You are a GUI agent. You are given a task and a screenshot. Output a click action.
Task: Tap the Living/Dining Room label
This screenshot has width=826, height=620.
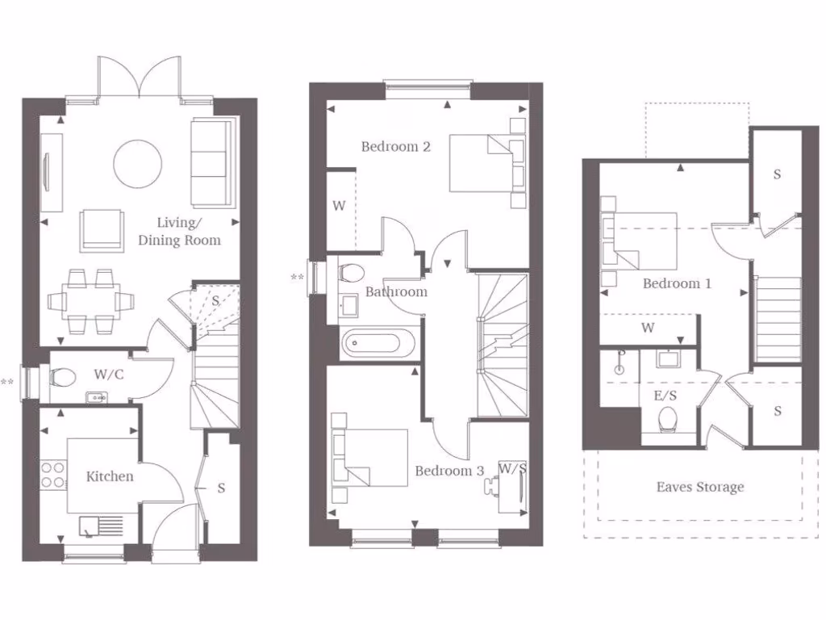179,231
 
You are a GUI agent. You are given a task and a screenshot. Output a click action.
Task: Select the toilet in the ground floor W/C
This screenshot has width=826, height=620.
63,376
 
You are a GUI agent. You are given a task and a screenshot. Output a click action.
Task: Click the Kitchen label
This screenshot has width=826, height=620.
110,476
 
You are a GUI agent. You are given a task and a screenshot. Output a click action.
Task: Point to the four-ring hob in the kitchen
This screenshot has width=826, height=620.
52,474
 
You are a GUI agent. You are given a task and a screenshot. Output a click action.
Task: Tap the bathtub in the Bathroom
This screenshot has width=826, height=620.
379,345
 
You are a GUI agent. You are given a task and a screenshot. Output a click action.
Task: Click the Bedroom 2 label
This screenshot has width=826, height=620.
395,146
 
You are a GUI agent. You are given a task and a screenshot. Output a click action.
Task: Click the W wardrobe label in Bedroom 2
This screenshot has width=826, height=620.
339,206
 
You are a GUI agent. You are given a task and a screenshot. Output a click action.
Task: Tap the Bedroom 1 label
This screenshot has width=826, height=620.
677,283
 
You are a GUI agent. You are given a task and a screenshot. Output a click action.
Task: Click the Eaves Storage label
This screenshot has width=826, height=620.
699,487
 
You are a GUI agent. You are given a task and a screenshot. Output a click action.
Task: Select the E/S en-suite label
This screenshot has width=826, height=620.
665,396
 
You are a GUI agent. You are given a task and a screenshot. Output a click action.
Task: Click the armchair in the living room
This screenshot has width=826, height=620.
102,229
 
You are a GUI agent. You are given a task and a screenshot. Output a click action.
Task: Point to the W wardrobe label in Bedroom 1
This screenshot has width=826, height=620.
647,328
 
